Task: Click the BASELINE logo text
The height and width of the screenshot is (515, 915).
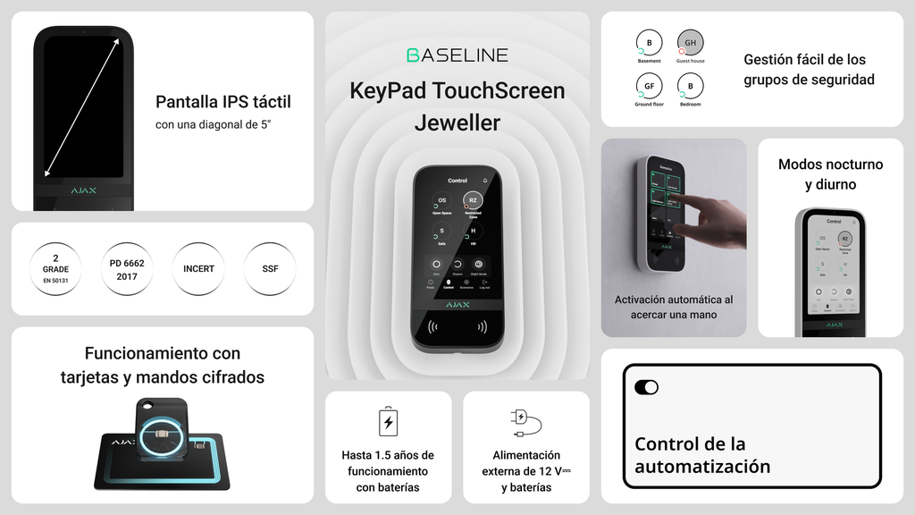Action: (x=457, y=55)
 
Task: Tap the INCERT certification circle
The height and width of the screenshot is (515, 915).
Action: (x=198, y=268)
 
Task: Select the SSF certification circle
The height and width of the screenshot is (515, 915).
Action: (x=270, y=268)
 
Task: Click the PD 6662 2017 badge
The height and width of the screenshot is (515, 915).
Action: (x=127, y=268)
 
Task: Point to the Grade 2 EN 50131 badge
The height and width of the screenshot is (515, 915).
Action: (x=55, y=268)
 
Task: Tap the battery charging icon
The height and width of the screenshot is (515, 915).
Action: (x=388, y=421)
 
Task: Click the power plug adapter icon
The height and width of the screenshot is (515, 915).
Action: (x=525, y=421)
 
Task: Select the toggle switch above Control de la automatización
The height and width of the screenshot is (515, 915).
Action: (x=646, y=387)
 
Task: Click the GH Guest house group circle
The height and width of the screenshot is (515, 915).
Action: (x=690, y=42)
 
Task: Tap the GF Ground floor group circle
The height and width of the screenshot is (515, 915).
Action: (x=649, y=86)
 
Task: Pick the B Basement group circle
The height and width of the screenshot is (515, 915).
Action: (x=649, y=42)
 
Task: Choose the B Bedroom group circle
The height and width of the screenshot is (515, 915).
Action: (x=690, y=86)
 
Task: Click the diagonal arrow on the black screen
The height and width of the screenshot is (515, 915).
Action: (x=81, y=107)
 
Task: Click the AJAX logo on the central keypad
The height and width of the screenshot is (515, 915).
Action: (x=457, y=304)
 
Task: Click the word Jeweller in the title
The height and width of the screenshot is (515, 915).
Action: (x=457, y=122)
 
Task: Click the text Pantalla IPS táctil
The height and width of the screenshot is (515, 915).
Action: (x=223, y=102)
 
